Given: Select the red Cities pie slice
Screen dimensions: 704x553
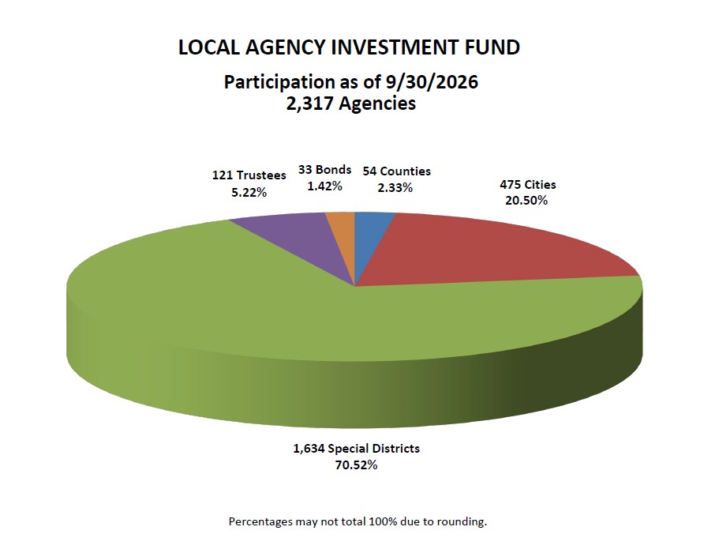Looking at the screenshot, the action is [x=485, y=252].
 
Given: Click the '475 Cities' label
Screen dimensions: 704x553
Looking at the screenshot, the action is [x=527, y=185].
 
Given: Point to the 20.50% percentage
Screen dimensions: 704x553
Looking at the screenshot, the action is [x=526, y=201].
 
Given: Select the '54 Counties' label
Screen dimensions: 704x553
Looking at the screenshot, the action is [x=396, y=171].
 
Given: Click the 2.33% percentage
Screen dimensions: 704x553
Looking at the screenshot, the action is [x=395, y=187].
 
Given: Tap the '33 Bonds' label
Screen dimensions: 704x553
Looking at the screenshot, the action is [x=324, y=170].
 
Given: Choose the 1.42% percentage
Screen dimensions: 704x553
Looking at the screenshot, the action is [x=324, y=186].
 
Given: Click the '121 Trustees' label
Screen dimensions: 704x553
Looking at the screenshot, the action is [x=249, y=175].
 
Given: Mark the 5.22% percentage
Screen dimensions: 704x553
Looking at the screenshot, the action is [x=249, y=193].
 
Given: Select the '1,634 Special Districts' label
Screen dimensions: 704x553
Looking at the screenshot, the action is [x=356, y=449].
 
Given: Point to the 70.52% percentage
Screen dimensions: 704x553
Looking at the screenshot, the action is [x=356, y=465].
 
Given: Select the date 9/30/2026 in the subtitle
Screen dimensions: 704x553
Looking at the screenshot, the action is [x=432, y=82].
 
